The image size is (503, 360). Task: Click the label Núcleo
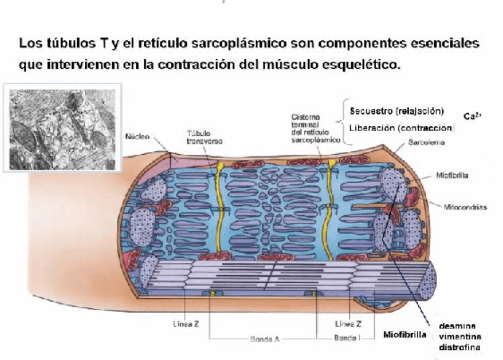(x=137, y=136)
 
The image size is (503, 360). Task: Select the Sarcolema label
(x=427, y=143)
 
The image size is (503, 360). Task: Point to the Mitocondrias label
(x=466, y=207)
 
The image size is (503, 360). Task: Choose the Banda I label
(x=346, y=337)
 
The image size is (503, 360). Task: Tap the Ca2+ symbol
(x=472, y=117)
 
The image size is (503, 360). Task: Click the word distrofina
(x=459, y=347)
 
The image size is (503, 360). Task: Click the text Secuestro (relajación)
(x=397, y=111)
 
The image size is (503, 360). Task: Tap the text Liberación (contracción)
(x=402, y=128)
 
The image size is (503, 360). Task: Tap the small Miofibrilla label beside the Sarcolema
(x=452, y=175)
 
